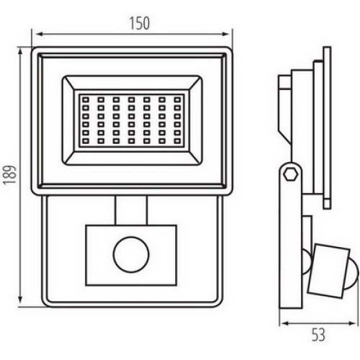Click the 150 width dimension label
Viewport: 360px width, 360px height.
pyautogui.click(x=140, y=23)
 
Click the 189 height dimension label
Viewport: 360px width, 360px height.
pyautogui.click(x=10, y=174)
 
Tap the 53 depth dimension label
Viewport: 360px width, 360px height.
pyautogui.click(x=318, y=335)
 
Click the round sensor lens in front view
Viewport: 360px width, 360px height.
pyautogui.click(x=131, y=255)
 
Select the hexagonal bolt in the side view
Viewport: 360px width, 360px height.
pyautogui.click(x=290, y=174)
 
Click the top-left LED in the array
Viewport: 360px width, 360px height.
pyautogui.click(x=86, y=99)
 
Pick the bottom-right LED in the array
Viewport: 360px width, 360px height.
pyautogui.click(x=177, y=141)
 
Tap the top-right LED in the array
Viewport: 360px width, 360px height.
pyautogui.click(x=177, y=99)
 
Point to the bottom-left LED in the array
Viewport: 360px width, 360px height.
pyautogui.click(x=86, y=141)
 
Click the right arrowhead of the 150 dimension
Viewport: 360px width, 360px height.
pyautogui.click(x=227, y=34)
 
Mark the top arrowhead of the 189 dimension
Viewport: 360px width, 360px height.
pyautogui.click(x=20, y=52)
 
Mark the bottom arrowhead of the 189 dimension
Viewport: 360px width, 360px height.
pyautogui.click(x=20, y=300)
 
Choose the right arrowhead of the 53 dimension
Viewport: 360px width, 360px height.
pyautogui.click(x=353, y=323)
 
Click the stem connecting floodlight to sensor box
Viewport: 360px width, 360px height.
pyautogui.click(x=131, y=210)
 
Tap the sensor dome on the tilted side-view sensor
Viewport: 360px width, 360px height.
pyautogui.click(x=352, y=276)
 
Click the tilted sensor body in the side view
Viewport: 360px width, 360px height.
pyautogui.click(x=328, y=271)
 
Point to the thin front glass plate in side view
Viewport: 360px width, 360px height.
pyautogui.click(x=327, y=127)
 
